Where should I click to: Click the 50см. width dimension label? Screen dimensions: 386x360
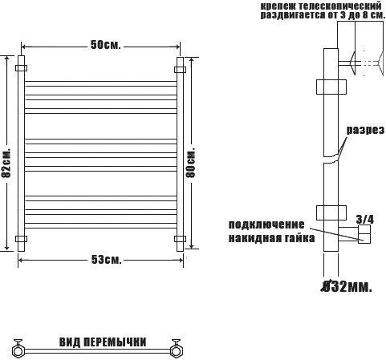[106, 45]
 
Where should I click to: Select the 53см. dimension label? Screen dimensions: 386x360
[107, 260]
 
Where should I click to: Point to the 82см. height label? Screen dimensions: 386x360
[6, 163]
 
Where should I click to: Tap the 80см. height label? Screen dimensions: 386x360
[191, 162]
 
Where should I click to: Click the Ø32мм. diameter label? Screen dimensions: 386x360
[347, 286]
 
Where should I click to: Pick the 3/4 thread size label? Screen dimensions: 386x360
[365, 220]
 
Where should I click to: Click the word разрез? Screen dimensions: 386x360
[365, 130]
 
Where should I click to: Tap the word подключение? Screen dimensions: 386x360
[266, 224]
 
